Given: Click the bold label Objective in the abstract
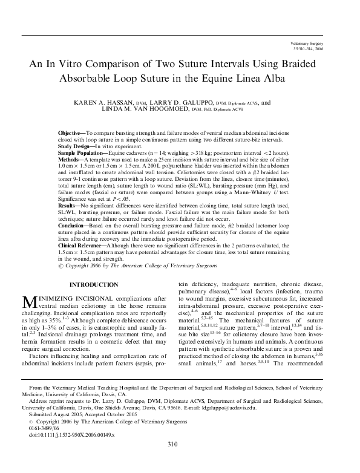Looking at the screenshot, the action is pyautogui.click(x=71, y=132).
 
